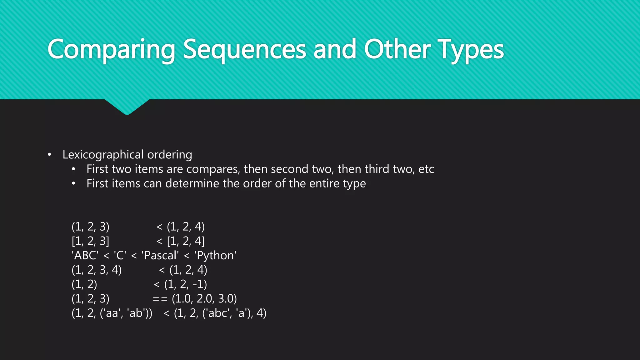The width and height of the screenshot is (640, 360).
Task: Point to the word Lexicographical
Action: [103, 155]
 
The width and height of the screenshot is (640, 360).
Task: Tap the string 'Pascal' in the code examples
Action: [160, 256]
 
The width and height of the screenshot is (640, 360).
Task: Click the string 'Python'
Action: [215, 256]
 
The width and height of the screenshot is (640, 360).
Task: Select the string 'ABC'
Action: [85, 256]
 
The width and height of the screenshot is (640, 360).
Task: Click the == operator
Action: [160, 299]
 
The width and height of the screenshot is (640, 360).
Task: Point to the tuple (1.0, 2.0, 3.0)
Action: [204, 299]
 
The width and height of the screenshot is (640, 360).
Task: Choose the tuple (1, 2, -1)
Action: [186, 284]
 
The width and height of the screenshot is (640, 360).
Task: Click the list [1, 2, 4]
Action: [186, 241]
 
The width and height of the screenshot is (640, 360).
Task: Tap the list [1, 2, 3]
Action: [91, 241]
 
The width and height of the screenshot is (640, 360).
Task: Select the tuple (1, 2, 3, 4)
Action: [97, 270]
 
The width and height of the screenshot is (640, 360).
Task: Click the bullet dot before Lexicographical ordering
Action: [49, 155]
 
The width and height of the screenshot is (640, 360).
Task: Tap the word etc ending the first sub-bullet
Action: [426, 169]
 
